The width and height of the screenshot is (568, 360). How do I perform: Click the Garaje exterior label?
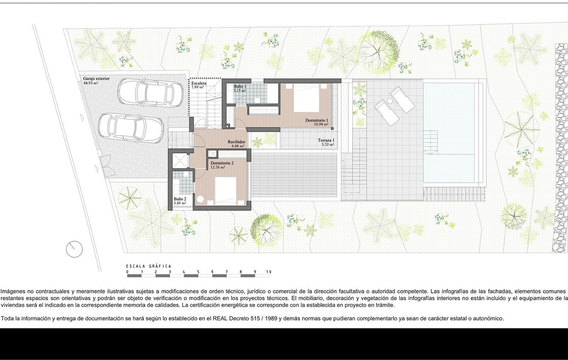click(x=96, y=79)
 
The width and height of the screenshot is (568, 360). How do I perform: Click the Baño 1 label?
click(x=240, y=86)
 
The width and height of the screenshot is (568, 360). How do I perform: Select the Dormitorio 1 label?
click(x=317, y=121)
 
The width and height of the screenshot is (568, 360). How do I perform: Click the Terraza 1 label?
click(x=326, y=140)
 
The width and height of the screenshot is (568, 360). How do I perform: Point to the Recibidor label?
click(x=236, y=141)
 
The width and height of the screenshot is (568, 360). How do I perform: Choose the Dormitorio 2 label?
click(x=222, y=162)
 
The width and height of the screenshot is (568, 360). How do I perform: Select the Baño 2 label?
click(x=180, y=199)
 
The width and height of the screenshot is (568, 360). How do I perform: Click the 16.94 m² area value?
click(x=320, y=125)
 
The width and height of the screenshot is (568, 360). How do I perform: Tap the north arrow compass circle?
click(x=74, y=249)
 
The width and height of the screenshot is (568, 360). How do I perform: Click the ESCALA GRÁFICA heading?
click(x=149, y=266)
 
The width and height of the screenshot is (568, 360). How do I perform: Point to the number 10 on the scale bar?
click(x=269, y=272)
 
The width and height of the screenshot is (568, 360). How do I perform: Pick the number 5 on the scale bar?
click(x=198, y=272)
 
